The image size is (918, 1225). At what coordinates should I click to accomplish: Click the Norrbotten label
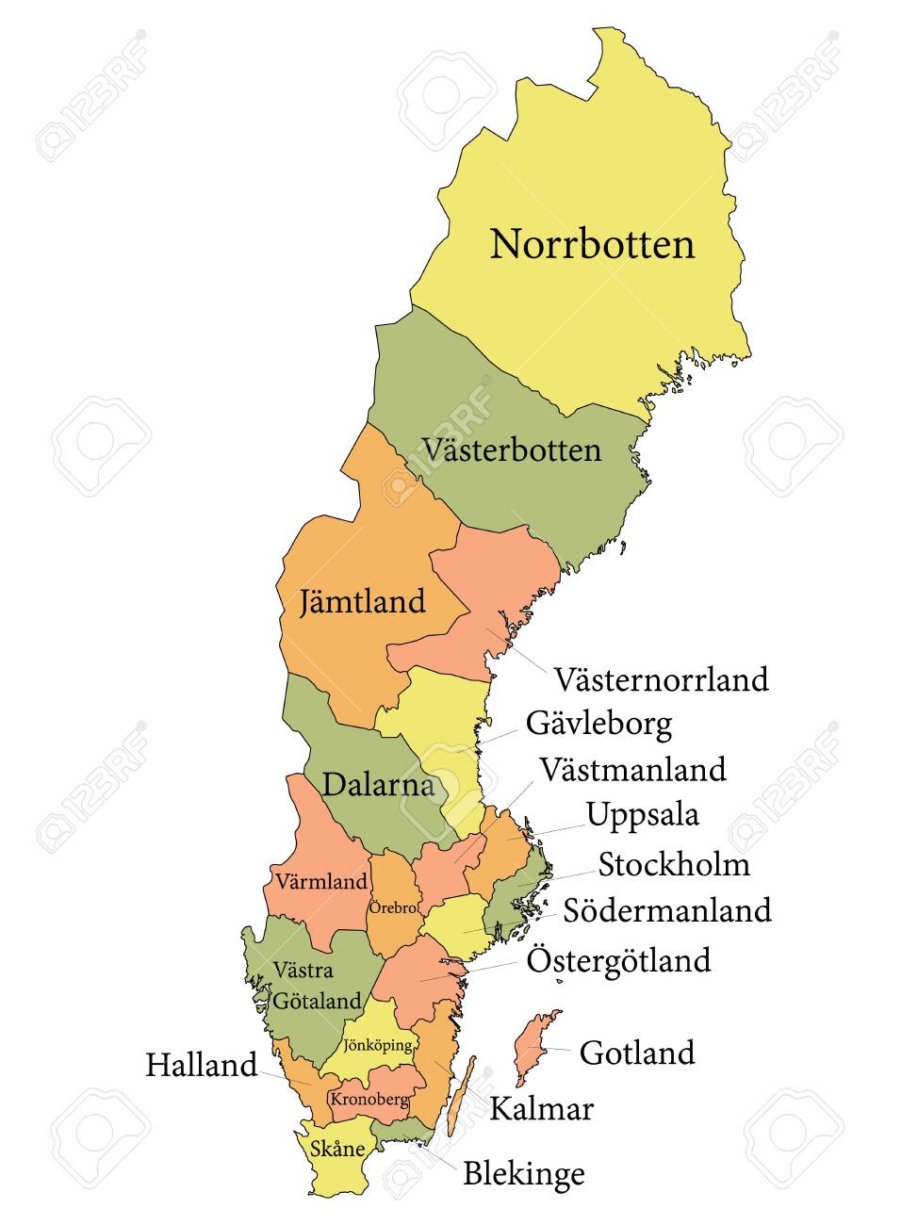tap(592, 245)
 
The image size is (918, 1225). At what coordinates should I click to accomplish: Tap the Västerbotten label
tap(512, 449)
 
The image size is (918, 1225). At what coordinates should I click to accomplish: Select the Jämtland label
tap(362, 601)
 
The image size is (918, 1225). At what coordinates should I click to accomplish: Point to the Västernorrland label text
tap(661, 678)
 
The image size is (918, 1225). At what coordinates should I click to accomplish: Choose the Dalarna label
tap(378, 784)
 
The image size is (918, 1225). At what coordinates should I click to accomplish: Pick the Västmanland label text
tap(632, 769)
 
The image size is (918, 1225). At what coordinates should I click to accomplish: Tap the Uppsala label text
tap(642, 814)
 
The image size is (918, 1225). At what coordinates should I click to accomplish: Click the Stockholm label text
tap(674, 864)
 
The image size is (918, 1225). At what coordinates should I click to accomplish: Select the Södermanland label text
tap(667, 910)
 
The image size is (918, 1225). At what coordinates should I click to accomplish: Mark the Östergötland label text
tap(618, 961)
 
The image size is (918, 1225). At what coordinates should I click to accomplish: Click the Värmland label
tap(321, 883)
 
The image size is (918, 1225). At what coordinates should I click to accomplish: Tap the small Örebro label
tap(393, 908)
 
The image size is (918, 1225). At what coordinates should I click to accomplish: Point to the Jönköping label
tap(378, 1045)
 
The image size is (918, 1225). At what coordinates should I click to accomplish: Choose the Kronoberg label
tap(369, 1099)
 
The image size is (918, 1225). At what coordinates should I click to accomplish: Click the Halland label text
tap(201, 1066)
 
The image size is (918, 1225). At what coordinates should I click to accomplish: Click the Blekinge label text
tap(523, 1174)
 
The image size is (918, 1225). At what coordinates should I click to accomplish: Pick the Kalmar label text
tap(541, 1109)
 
